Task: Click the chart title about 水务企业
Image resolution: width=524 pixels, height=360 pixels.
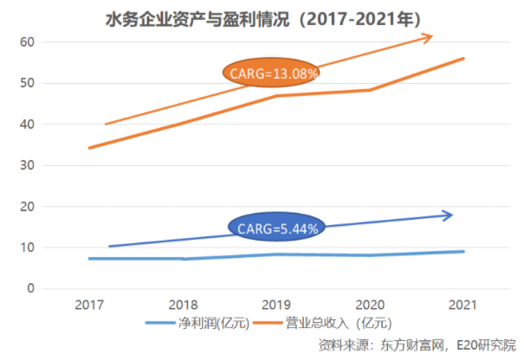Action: click(259, 17)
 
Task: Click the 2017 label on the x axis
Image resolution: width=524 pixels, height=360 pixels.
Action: click(90, 305)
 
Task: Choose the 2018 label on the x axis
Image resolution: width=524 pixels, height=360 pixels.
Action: click(184, 305)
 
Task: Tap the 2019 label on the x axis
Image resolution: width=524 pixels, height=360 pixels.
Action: click(277, 305)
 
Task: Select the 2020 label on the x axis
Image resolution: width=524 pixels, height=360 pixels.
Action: click(371, 305)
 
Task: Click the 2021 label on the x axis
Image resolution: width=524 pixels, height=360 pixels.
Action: click(464, 305)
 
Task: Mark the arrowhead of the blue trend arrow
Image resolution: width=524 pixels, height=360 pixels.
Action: click(448, 215)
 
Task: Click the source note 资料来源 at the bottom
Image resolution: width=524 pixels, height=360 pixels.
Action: click(416, 345)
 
